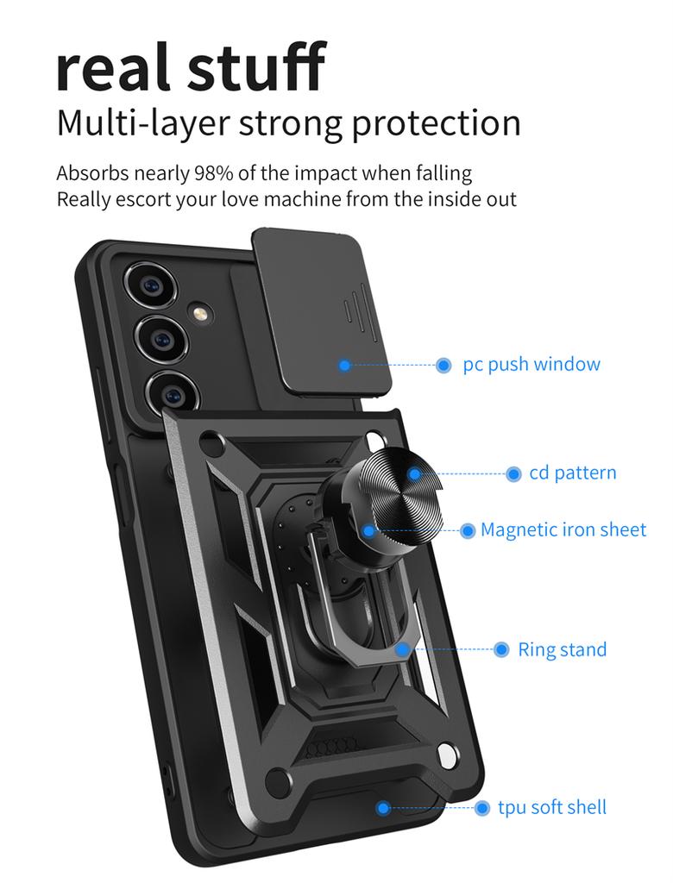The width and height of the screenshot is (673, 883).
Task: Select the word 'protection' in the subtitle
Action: click(x=436, y=122)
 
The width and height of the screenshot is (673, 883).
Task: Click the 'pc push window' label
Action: click(x=531, y=364)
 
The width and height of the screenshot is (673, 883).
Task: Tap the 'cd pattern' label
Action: click(x=573, y=473)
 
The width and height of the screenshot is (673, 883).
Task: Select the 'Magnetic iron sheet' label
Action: click(x=563, y=529)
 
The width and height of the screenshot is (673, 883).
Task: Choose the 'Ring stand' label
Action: click(x=563, y=649)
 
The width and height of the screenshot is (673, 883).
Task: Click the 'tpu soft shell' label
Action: click(x=552, y=807)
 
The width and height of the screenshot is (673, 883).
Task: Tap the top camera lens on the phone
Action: click(x=152, y=286)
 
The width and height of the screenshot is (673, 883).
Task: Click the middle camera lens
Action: click(x=161, y=339)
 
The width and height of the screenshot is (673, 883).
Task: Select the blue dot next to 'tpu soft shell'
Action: click(x=482, y=808)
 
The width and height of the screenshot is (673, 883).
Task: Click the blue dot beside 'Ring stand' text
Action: click(x=501, y=649)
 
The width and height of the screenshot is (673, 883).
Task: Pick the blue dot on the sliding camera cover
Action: click(x=345, y=366)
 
